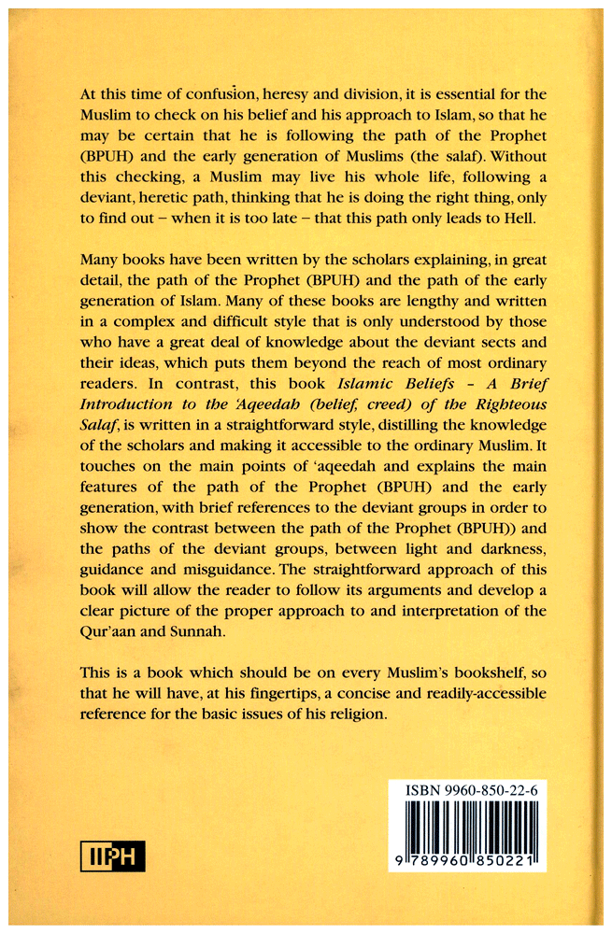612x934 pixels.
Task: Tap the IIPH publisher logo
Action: click(112, 855)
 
